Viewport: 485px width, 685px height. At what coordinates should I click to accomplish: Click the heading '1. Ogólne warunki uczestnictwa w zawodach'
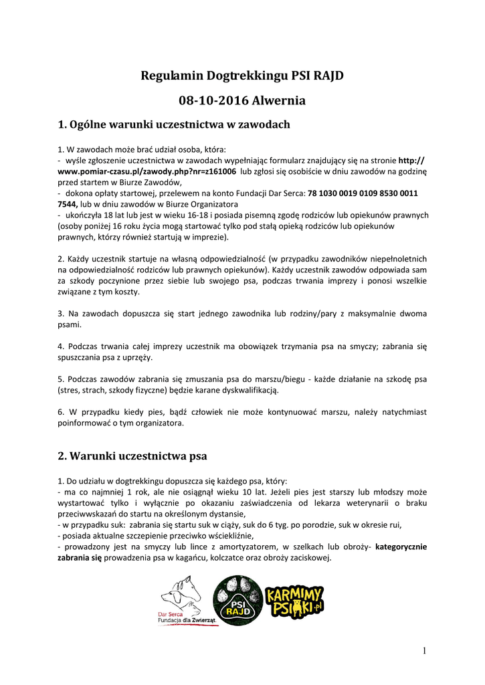point(174,124)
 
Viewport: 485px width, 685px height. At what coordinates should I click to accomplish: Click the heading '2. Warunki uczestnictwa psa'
point(132,456)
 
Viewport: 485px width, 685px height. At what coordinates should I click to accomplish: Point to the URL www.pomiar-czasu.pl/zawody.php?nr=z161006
point(147,172)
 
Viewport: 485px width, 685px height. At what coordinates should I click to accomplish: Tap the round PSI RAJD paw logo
point(237,601)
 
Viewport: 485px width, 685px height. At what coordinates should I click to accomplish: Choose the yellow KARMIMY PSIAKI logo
point(294,600)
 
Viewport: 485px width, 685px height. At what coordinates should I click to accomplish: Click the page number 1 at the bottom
point(424,651)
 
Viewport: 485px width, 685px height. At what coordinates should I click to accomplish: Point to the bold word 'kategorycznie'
point(401,547)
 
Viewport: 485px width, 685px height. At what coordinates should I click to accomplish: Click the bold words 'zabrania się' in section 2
point(80,557)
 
